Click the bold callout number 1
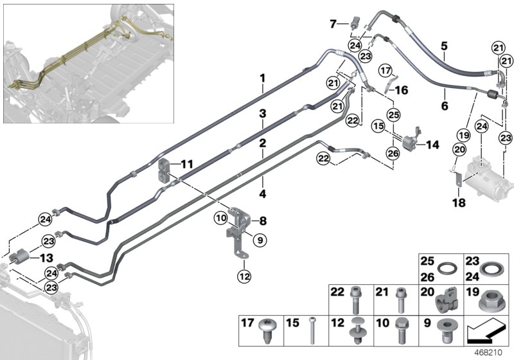tap(262, 78)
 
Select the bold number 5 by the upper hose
tap(444, 46)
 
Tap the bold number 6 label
tap(445, 105)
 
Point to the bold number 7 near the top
tap(333, 24)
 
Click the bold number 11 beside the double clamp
tap(187, 163)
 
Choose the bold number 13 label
tap(46, 258)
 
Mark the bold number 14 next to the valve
tap(432, 145)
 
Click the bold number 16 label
tap(401, 90)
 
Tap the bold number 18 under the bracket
tap(459, 203)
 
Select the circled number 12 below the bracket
tap(245, 276)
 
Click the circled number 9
tap(260, 240)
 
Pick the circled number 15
tap(378, 125)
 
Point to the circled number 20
tap(459, 150)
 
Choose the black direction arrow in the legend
tap(486, 332)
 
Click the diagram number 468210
tap(488, 353)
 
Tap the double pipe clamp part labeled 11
tap(164, 170)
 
